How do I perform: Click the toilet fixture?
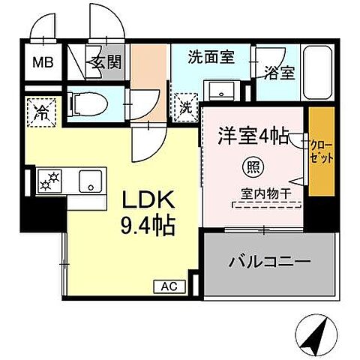[x=82, y=103]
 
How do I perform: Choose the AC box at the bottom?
[x=170, y=285]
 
